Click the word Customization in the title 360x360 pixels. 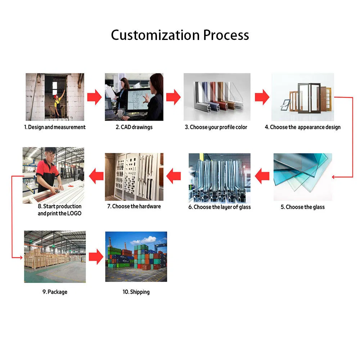point(155,35)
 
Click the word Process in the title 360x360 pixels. point(226,35)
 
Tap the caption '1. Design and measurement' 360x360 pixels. point(55,127)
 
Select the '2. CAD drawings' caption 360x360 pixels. point(134,127)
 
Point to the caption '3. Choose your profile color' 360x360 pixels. point(216,127)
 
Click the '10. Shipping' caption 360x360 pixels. point(136,292)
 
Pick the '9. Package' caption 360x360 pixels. point(55,292)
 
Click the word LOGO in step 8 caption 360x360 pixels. point(75,213)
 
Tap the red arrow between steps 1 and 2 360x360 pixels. point(94,97)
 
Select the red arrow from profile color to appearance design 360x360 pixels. point(262,97)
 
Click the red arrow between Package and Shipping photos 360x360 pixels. point(96,257)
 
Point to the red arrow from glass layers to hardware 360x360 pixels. point(174,176)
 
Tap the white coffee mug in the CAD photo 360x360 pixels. point(121,113)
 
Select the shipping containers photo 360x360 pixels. point(136,256)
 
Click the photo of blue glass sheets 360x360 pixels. point(303,177)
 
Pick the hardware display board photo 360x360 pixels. point(134,177)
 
